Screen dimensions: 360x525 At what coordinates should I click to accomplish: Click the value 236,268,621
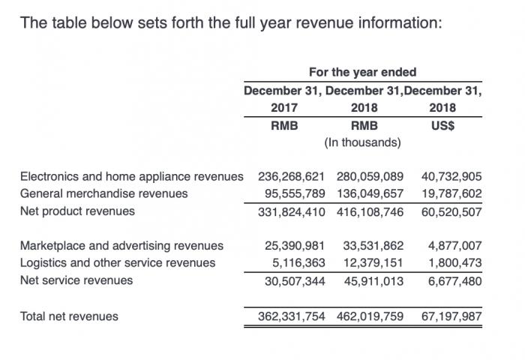[x=291, y=177]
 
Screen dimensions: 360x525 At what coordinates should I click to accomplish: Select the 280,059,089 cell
[x=370, y=177]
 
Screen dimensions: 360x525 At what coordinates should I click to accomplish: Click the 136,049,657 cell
[x=370, y=194]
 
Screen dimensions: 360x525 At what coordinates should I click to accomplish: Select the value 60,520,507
[x=451, y=211]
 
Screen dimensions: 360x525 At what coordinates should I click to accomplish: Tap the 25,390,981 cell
[x=294, y=246]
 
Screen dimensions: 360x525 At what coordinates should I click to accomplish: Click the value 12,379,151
[x=373, y=263]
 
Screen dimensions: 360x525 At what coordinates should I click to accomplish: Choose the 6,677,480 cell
[x=454, y=280]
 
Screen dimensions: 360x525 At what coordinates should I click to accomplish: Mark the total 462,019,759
[x=370, y=316]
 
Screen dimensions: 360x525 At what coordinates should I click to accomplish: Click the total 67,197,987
[x=451, y=316]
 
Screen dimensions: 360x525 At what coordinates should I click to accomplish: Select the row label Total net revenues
[x=69, y=316]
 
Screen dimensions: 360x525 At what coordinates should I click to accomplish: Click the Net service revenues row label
[x=76, y=280]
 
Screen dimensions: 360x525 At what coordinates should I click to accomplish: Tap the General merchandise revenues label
[x=103, y=194]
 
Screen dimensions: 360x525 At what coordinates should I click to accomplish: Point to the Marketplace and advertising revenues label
[x=121, y=246]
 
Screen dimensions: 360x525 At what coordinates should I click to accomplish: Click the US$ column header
[x=442, y=125]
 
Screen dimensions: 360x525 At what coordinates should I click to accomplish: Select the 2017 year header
[x=283, y=108]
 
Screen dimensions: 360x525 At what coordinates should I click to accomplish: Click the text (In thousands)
[x=363, y=142]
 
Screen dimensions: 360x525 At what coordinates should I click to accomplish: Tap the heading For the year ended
[x=363, y=73]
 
